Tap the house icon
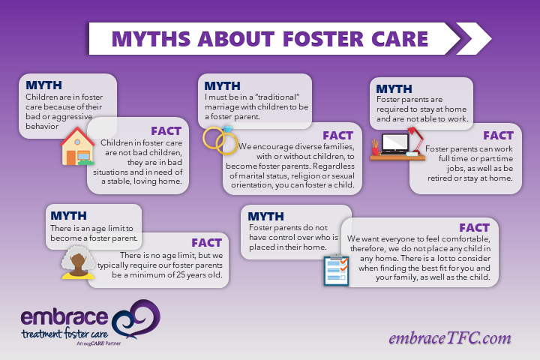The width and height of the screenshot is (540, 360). pyautogui.click(x=77, y=146)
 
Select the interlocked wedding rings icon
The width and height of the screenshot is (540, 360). pyautogui.click(x=220, y=140)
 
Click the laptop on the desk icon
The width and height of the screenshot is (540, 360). pyautogui.click(x=394, y=144)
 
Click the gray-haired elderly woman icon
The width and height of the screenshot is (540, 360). pyautogui.click(x=78, y=262)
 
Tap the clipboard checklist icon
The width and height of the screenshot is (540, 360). pyautogui.click(x=337, y=271)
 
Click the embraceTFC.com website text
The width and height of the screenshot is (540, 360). pyautogui.click(x=450, y=338)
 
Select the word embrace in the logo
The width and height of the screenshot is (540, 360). pyautogui.click(x=64, y=317)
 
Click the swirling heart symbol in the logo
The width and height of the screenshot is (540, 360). pyautogui.click(x=136, y=319)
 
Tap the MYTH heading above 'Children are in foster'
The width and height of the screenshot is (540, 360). pyautogui.click(x=43, y=85)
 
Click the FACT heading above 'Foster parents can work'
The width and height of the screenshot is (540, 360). pyautogui.click(x=498, y=136)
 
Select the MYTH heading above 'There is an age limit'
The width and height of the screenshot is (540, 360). pyautogui.click(x=68, y=216)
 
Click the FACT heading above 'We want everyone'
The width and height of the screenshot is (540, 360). pyautogui.click(x=474, y=228)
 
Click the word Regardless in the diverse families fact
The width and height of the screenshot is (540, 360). pyautogui.click(x=334, y=166)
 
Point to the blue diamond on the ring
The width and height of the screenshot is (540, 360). pyautogui.click(x=228, y=130)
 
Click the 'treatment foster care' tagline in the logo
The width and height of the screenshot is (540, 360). pyautogui.click(x=64, y=334)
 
